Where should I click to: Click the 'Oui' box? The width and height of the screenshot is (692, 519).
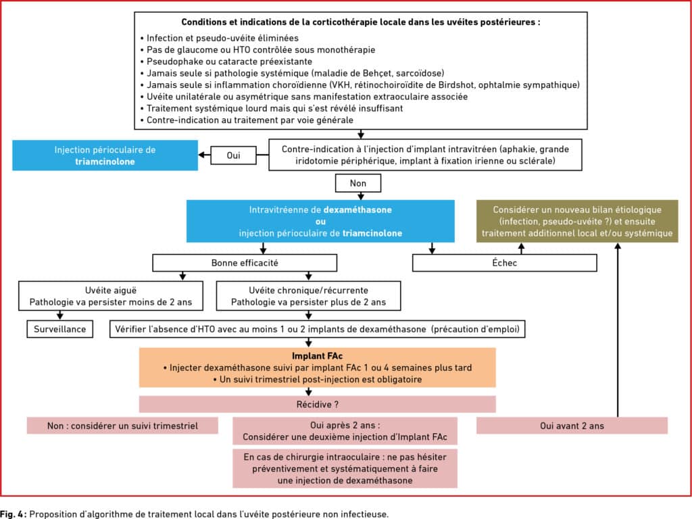tap(233, 155)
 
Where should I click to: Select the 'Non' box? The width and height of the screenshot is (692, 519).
tap(358, 183)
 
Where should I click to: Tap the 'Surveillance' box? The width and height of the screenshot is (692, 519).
tap(60, 329)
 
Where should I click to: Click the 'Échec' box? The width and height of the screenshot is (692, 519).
tap(504, 263)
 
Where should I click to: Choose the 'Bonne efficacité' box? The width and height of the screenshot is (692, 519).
tap(245, 263)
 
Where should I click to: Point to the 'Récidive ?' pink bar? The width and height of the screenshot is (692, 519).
tap(318, 404)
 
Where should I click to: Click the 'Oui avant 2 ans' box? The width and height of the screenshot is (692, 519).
tap(572, 426)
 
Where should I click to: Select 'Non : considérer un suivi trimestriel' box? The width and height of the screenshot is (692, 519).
tap(122, 426)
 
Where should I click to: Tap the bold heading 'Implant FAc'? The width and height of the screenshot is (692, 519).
tap(318, 355)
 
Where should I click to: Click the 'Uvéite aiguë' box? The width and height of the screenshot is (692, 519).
tap(111, 296)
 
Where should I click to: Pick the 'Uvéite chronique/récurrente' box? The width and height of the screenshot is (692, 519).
tap(308, 296)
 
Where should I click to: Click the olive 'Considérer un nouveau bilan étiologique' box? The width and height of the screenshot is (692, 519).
tap(577, 221)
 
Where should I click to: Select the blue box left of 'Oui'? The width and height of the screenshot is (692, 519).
tap(105, 155)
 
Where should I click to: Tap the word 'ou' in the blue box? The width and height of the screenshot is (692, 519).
tap(320, 222)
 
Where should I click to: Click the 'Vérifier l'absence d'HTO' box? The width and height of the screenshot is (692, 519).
tap(318, 329)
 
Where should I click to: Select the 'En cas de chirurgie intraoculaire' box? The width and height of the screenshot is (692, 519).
tap(345, 468)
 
